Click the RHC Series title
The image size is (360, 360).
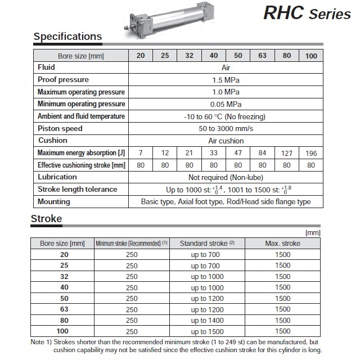click(x=306, y=12)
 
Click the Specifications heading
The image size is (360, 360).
click(x=67, y=37)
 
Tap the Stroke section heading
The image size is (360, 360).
click(x=47, y=218)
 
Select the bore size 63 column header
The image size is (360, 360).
click(x=262, y=56)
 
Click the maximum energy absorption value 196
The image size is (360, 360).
click(x=311, y=153)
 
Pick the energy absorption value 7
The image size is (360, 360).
click(x=141, y=153)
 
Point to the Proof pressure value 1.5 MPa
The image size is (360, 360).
click(x=226, y=80)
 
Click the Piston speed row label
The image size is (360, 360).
click(x=60, y=129)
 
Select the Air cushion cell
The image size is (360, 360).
click(x=226, y=141)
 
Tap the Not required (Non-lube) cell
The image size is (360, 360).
click(x=226, y=177)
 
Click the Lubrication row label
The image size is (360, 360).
click(x=57, y=177)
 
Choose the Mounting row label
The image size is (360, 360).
click(x=54, y=201)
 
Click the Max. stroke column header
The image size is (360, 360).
click(x=282, y=244)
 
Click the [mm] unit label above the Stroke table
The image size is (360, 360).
click(x=313, y=232)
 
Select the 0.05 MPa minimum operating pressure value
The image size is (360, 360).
click(x=226, y=104)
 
